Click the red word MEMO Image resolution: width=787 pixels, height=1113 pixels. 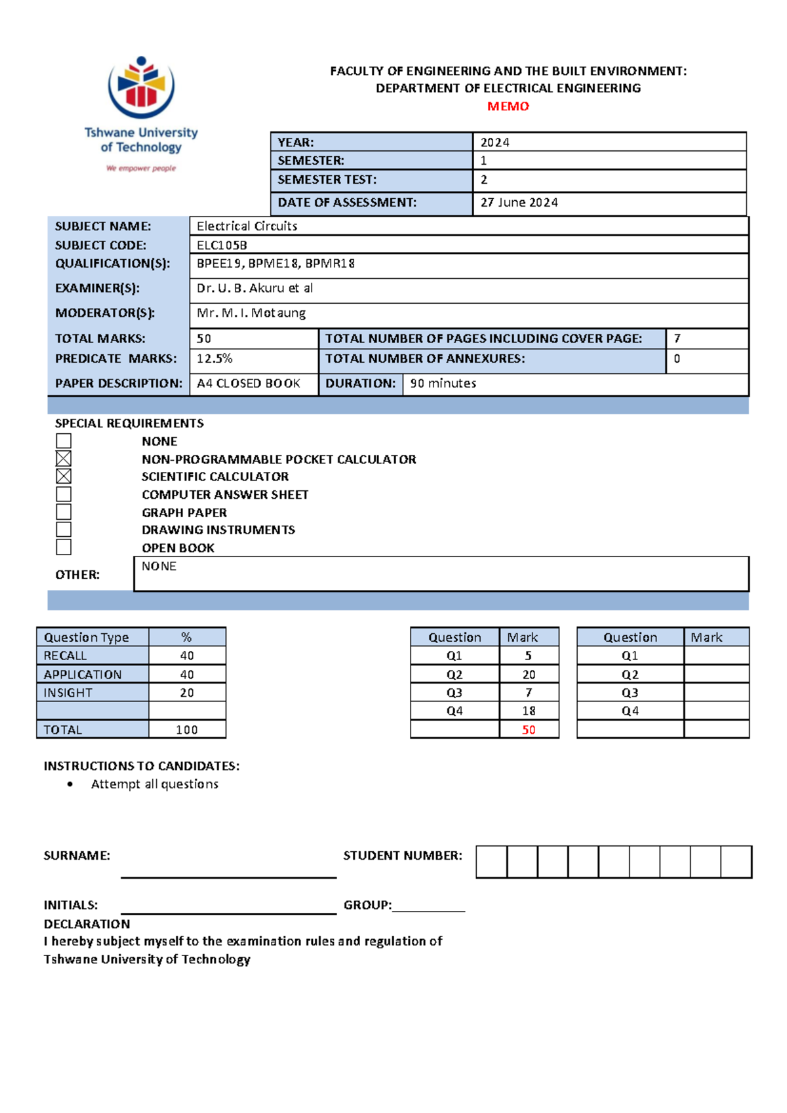(x=508, y=106)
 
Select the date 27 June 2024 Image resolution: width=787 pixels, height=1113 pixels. (x=519, y=203)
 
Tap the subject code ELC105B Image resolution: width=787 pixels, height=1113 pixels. (x=222, y=245)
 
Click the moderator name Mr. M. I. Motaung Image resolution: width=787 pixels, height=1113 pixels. (x=251, y=313)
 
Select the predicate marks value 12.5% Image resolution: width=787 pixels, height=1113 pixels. (x=214, y=359)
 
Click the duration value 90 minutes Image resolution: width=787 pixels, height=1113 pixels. (x=443, y=383)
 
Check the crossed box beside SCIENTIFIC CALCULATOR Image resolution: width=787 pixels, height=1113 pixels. (x=64, y=476)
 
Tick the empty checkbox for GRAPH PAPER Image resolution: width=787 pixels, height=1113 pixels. (x=64, y=512)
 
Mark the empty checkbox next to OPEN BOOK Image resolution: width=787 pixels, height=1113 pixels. (x=64, y=547)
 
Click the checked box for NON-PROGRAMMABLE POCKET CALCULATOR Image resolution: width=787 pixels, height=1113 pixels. (x=64, y=459)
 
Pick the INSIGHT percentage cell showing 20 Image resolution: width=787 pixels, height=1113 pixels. (x=187, y=693)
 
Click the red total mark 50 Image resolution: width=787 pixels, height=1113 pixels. (x=529, y=730)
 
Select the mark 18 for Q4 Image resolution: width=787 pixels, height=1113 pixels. (x=529, y=711)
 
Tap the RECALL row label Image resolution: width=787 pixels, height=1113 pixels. (x=65, y=656)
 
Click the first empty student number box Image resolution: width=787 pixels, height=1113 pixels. (x=491, y=862)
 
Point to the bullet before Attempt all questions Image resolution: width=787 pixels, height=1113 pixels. (x=70, y=784)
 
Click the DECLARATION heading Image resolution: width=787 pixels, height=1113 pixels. (x=87, y=924)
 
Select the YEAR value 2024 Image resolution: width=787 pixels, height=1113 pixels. (x=494, y=142)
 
